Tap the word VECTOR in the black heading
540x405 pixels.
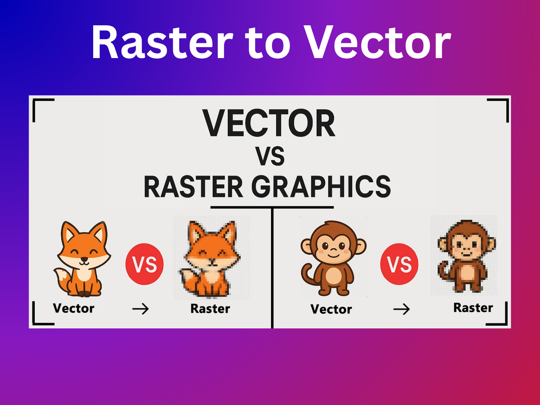(x=269, y=123)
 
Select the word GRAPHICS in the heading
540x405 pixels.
(x=321, y=187)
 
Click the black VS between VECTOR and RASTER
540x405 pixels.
(x=270, y=156)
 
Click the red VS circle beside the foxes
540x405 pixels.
(x=144, y=264)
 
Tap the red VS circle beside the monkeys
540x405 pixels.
(x=399, y=264)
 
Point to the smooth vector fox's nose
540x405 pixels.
(x=84, y=259)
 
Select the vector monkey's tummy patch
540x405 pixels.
(x=333, y=275)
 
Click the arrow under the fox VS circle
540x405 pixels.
(x=140, y=309)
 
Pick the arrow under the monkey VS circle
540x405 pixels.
(x=402, y=309)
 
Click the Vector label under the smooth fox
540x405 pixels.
(x=74, y=308)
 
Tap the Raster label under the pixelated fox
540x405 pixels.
(x=210, y=308)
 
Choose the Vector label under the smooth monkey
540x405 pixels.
(x=331, y=309)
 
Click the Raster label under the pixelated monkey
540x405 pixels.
(x=473, y=307)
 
